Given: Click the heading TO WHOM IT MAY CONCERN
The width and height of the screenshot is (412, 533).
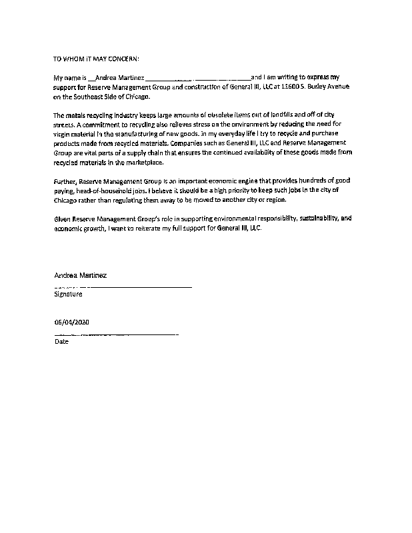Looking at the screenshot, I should (97, 59).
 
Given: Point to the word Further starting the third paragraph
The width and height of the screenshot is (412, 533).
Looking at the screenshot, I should (65, 181).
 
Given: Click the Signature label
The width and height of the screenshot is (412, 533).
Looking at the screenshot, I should (68, 294).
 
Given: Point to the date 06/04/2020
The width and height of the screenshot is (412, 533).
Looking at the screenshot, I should (71, 322).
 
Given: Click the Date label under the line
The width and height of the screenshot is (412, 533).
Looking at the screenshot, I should (61, 342).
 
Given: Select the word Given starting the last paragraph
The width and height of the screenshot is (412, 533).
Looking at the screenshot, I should (63, 219).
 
